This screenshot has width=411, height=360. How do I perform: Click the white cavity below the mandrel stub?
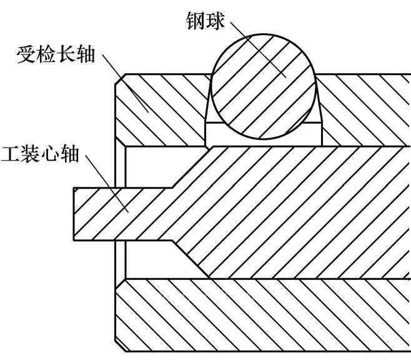point(150,259)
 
